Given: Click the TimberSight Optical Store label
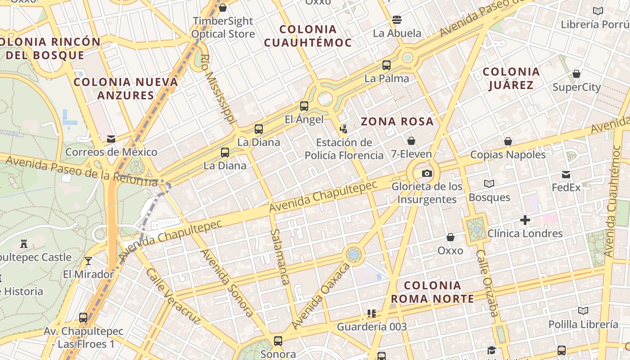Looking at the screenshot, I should pyautogui.click(x=223, y=27).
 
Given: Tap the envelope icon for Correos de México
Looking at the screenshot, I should pyautogui.click(x=111, y=139).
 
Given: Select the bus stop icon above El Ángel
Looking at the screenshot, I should pyautogui.click(x=304, y=106).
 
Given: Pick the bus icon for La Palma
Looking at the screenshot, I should pyautogui.click(x=387, y=65).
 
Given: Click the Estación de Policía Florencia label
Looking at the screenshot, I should pyautogui.click(x=344, y=149).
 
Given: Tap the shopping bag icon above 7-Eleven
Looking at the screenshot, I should pyautogui.click(x=411, y=141).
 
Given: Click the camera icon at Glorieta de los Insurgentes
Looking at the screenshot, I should pyautogui.click(x=427, y=173).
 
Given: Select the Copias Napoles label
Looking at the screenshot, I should pyautogui.click(x=508, y=155).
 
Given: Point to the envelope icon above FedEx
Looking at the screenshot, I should pyautogui.click(x=566, y=175).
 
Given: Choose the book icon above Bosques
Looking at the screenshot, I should pyautogui.click(x=489, y=184).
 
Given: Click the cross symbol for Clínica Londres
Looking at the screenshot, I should pyautogui.click(x=525, y=220).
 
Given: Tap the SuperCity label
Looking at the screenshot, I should pyautogui.click(x=576, y=87).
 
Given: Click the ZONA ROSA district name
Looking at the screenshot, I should pyautogui.click(x=397, y=121).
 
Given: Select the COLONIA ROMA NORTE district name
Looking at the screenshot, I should pyautogui.click(x=432, y=292).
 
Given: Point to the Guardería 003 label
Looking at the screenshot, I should pyautogui.click(x=372, y=327).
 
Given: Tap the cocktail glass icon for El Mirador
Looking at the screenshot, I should pyautogui.click(x=88, y=261).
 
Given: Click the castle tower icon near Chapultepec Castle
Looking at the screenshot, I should pyautogui.click(x=24, y=244).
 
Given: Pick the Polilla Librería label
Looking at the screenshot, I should pyautogui.click(x=583, y=324).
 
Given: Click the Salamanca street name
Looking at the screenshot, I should pyautogui.click(x=279, y=257).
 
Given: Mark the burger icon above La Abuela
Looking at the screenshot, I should pyautogui.click(x=397, y=19).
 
